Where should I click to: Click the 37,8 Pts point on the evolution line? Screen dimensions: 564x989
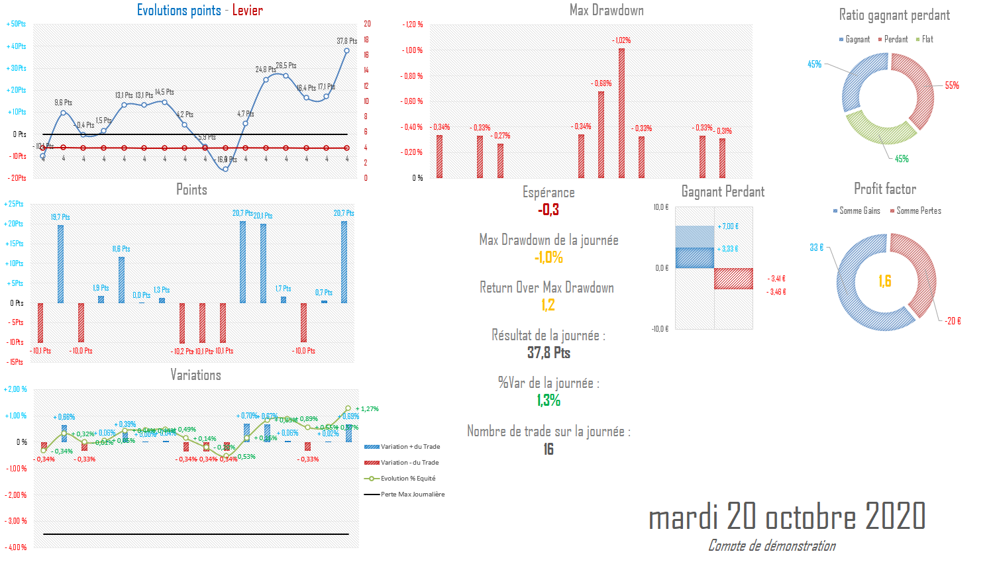tap(346, 50)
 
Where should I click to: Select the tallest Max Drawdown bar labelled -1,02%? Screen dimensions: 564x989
tap(621, 113)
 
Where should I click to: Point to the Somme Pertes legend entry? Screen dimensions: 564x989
tap(918, 211)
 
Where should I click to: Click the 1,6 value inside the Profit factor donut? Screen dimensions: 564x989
tap(885, 281)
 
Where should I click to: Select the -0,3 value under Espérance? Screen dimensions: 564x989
tap(548, 210)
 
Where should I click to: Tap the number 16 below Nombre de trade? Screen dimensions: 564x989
tap(548, 449)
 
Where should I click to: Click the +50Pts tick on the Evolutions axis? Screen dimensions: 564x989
tap(16, 24)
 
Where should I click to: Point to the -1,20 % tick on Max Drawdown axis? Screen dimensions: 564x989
tap(413, 24)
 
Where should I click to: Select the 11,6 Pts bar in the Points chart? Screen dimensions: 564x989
tap(121, 279)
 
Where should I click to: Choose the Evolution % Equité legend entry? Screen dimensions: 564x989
tap(407, 479)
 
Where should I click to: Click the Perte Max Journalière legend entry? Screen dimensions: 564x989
tap(412, 494)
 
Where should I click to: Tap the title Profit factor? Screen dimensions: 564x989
tap(885, 189)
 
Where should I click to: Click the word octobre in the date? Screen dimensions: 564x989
tap(811, 517)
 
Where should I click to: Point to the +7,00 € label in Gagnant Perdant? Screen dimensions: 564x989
tap(728, 226)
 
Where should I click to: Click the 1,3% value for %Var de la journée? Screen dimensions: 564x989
tap(548, 400)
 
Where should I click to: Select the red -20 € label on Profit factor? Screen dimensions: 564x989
tap(953, 321)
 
